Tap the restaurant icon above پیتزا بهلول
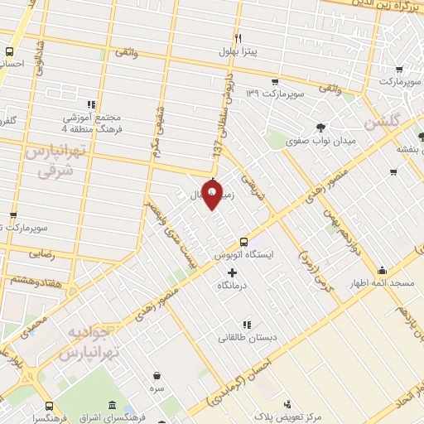[238, 38]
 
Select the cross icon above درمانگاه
[231, 272]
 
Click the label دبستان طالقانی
[247, 338]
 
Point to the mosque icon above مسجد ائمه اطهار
[382, 271]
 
